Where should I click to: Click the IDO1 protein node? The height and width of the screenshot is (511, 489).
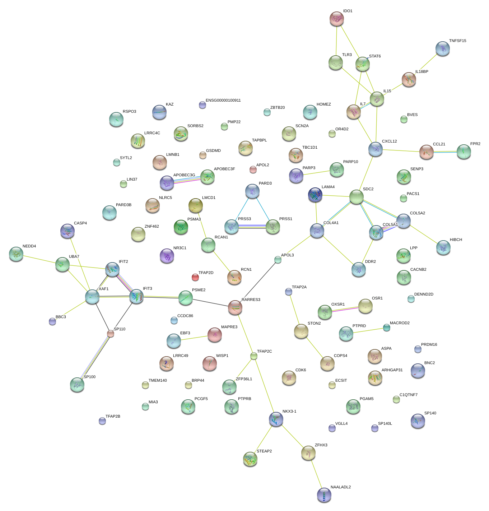tap(336, 19)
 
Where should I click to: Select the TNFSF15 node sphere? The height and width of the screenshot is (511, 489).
tap(442, 48)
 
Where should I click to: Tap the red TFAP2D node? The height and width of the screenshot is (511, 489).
tap(195, 277)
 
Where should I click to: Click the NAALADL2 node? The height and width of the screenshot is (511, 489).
tap(324, 495)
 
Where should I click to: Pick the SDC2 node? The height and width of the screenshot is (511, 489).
tap(356, 197)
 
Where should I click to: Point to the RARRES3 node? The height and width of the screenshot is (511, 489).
tap(235, 307)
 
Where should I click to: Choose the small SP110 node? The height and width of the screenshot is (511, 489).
tap(111, 334)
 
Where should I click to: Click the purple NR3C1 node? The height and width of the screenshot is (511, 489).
tap(167, 256)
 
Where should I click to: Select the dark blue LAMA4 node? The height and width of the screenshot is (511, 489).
tap(315, 195)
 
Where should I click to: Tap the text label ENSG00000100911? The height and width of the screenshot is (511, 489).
tap(223, 101)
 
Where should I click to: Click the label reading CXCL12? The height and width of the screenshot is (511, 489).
tap(389, 141)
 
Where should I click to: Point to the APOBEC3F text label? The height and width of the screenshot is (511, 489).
tap(224, 169)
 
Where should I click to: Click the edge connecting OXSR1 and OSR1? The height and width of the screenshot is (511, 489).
tap(345, 309)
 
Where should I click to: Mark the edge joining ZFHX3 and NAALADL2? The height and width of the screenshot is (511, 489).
tap(316, 474)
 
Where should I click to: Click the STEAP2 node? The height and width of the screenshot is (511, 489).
tap(250, 459)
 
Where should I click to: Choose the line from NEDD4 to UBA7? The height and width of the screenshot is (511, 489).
tap(39, 259)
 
